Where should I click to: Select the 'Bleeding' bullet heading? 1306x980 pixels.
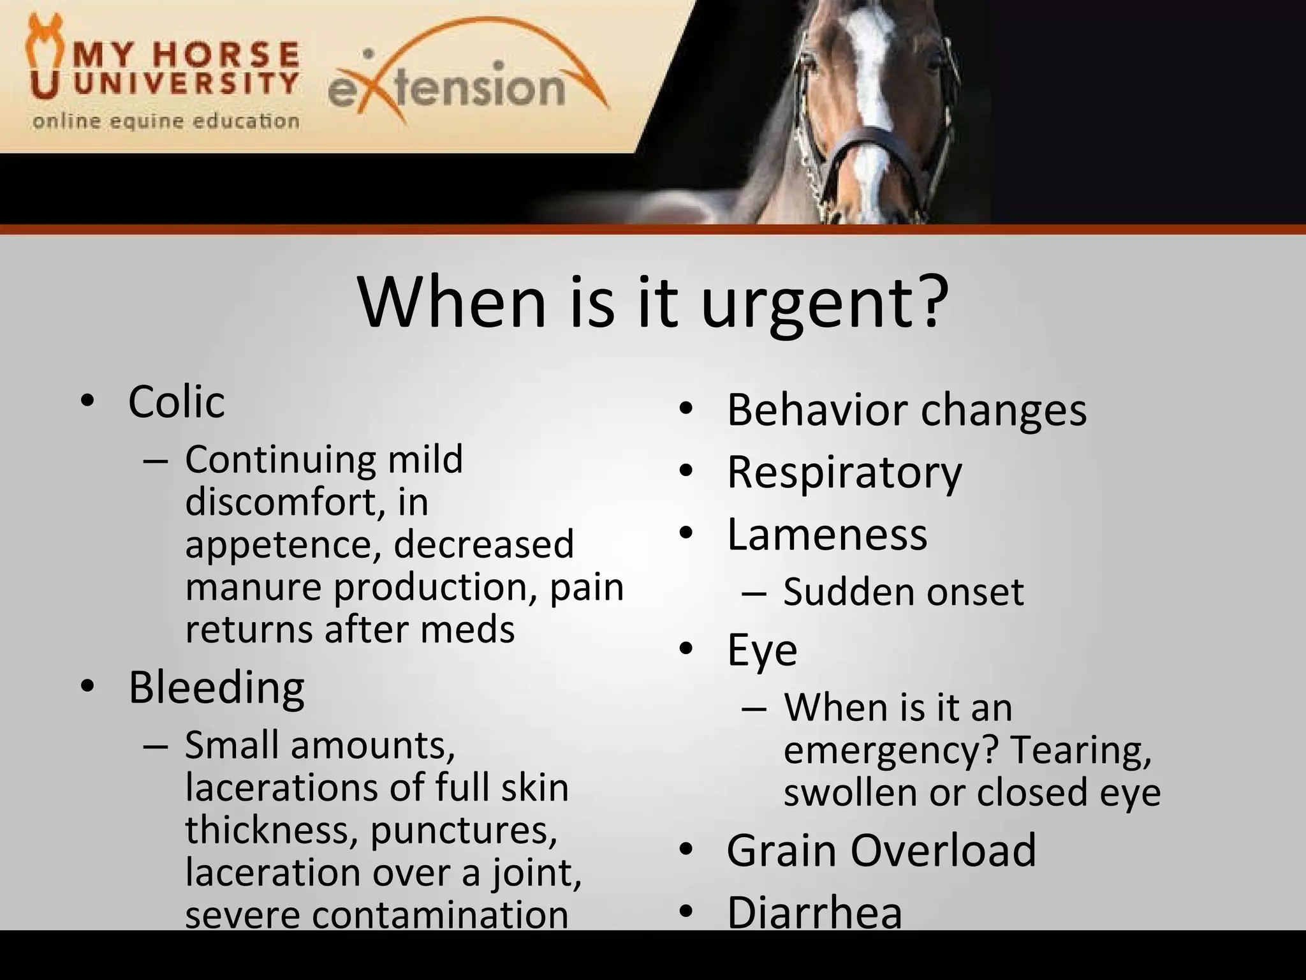point(216,687)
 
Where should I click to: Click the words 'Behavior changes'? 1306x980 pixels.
point(906,410)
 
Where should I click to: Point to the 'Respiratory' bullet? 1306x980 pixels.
point(844,473)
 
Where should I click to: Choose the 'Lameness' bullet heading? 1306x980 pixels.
point(826,534)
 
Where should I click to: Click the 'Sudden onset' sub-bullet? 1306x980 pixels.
point(903,591)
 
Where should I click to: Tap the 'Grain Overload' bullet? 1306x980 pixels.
point(881,850)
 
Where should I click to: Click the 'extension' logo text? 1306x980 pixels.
point(446,88)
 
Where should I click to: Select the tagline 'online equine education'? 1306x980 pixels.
point(166,121)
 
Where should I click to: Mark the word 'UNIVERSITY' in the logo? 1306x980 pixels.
point(186,83)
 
